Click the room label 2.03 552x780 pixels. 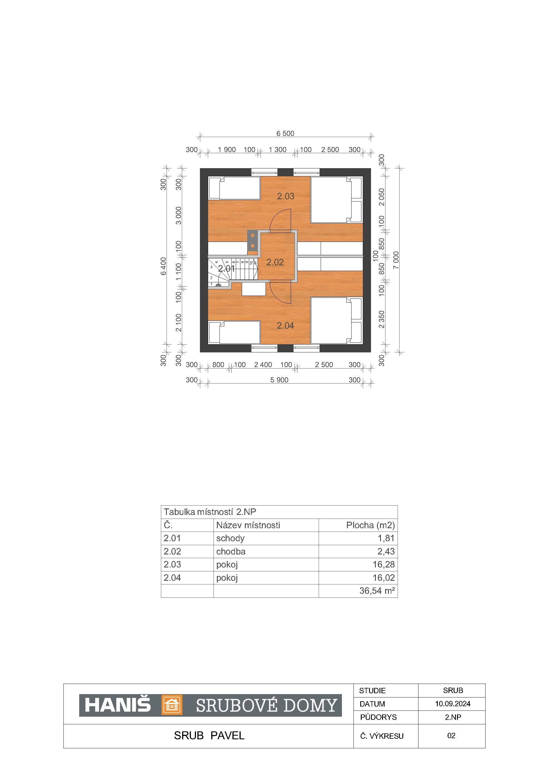click(x=286, y=196)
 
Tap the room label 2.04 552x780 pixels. click(x=285, y=326)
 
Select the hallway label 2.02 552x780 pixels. click(x=275, y=262)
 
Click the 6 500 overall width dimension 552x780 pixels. click(x=285, y=133)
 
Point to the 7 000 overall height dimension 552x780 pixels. click(x=396, y=260)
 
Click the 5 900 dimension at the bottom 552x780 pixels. click(x=279, y=380)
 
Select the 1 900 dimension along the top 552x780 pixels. click(x=227, y=149)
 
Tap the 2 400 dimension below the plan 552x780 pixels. click(x=263, y=365)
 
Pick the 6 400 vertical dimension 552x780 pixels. click(x=163, y=266)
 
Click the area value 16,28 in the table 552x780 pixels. click(x=383, y=564)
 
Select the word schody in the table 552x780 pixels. click(x=230, y=538)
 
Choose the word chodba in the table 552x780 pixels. click(x=231, y=551)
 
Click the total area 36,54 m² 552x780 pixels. click(x=377, y=590)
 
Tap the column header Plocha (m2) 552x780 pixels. click(x=370, y=525)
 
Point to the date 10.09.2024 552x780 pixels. click(x=453, y=704)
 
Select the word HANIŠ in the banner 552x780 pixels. click(x=118, y=705)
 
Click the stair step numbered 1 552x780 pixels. click(x=212, y=284)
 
